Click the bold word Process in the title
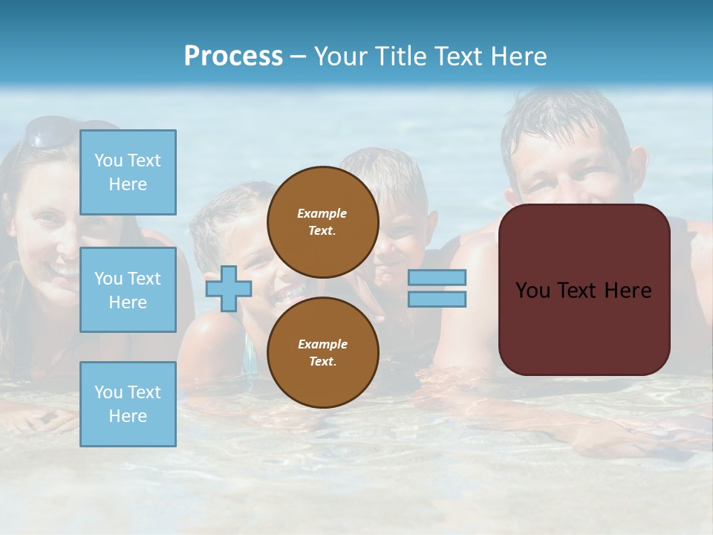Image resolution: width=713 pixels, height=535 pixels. pyautogui.click(x=233, y=56)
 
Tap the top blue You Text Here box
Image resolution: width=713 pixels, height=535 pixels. pyautogui.click(x=128, y=172)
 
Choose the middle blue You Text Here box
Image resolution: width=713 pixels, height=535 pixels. pyautogui.click(x=128, y=290)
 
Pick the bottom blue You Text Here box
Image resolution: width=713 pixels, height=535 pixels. pyautogui.click(x=128, y=403)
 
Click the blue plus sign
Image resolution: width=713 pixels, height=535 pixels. pyautogui.click(x=229, y=288)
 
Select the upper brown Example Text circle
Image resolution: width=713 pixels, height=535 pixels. pyautogui.click(x=322, y=221)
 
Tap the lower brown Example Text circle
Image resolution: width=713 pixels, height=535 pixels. pyautogui.click(x=322, y=352)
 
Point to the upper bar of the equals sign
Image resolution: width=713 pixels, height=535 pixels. pyautogui.click(x=437, y=277)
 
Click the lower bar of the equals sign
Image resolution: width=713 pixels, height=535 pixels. pyautogui.click(x=437, y=299)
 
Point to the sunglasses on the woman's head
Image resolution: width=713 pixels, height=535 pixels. pyautogui.click(x=51, y=132)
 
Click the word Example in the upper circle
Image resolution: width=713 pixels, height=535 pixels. pyautogui.click(x=322, y=213)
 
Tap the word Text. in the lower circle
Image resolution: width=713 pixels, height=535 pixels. pyautogui.click(x=322, y=362)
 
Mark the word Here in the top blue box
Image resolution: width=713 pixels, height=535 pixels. pyautogui.click(x=128, y=184)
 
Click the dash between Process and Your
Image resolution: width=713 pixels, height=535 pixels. pyautogui.click(x=299, y=56)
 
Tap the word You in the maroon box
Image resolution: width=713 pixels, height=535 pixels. pyautogui.click(x=533, y=291)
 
